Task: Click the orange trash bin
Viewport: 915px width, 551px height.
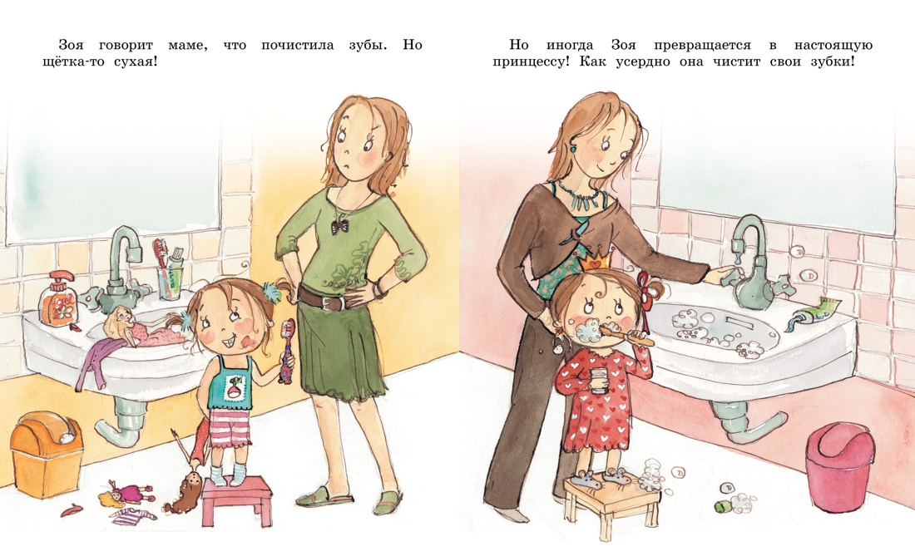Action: pos(46,454)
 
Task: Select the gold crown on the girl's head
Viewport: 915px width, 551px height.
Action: pos(596,261)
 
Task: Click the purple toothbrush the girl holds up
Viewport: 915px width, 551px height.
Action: pos(287,351)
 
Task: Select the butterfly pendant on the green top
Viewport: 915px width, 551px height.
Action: pos(339,224)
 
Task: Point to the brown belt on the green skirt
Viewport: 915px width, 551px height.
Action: pos(330,300)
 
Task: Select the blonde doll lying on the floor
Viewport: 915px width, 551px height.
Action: pos(126,494)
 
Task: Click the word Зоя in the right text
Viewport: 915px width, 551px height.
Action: pos(624,45)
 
